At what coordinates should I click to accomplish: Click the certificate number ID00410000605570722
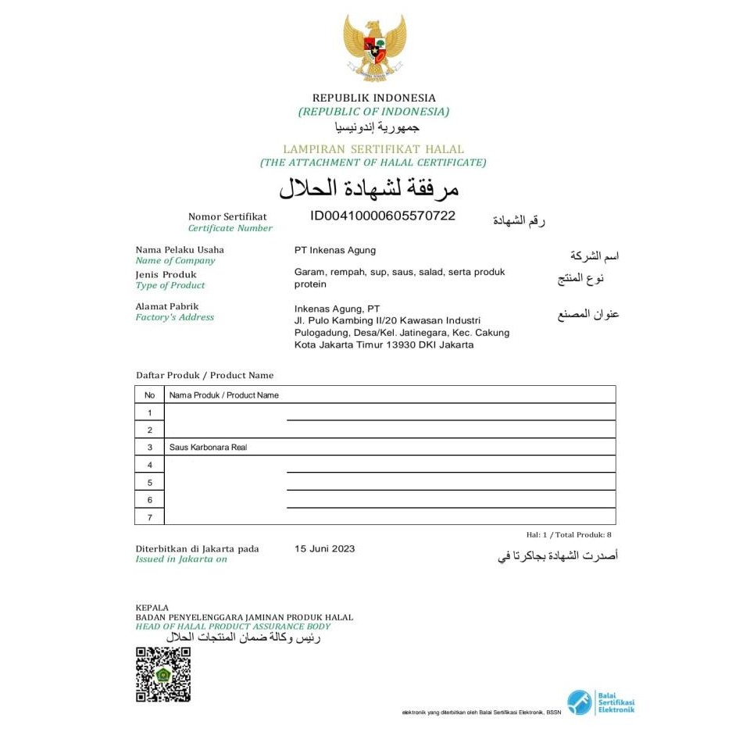click(382, 216)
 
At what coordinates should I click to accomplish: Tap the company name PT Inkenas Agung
click(334, 250)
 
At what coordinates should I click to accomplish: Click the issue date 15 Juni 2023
click(324, 548)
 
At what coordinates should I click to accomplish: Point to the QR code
click(163, 674)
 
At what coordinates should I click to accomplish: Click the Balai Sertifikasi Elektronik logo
click(601, 702)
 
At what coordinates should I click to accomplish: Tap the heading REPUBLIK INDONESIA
click(374, 98)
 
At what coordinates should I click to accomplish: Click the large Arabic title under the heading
click(369, 188)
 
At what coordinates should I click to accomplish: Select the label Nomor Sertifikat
click(227, 216)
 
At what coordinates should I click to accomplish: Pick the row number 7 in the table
click(149, 517)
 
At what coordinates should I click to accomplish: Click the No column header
click(149, 395)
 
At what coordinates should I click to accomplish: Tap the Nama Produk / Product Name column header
click(224, 395)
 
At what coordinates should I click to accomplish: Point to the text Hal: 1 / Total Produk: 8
click(569, 535)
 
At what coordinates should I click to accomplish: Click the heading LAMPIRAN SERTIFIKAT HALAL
click(373, 148)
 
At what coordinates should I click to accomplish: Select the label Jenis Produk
click(166, 274)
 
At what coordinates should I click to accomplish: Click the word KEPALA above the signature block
click(152, 607)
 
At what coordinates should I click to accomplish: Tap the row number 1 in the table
click(149, 412)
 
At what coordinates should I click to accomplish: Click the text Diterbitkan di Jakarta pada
click(197, 548)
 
